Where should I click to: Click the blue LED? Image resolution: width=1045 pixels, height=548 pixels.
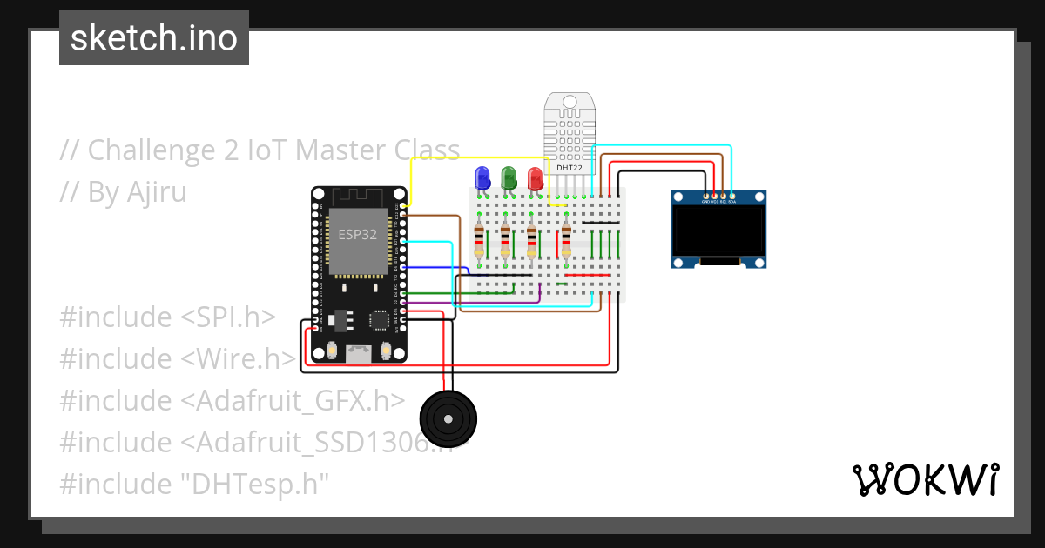pyautogui.click(x=482, y=178)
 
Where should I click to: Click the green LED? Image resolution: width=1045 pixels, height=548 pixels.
pyautogui.click(x=509, y=178)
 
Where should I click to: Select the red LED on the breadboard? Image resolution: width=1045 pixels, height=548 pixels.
pyautogui.click(x=535, y=178)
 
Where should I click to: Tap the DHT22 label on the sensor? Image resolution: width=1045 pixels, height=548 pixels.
pyautogui.click(x=570, y=167)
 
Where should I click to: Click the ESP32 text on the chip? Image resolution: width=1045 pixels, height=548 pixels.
pyautogui.click(x=358, y=234)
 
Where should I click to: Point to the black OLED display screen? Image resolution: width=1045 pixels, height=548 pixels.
pyautogui.click(x=718, y=231)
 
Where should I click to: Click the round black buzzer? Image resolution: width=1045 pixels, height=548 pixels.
pyautogui.click(x=448, y=419)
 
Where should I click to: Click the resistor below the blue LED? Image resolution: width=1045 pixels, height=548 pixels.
pyautogui.click(x=478, y=240)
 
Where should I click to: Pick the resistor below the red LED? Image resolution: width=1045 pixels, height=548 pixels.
pyautogui.click(x=532, y=240)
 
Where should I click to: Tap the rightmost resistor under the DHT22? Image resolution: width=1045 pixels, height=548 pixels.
pyautogui.click(x=567, y=240)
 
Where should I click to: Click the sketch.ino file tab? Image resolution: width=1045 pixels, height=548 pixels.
pyautogui.click(x=154, y=38)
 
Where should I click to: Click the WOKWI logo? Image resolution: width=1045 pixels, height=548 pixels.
pyautogui.click(x=924, y=479)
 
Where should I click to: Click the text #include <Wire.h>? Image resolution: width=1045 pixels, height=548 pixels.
pyautogui.click(x=178, y=358)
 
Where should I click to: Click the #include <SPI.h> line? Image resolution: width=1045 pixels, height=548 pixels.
pyautogui.click(x=167, y=317)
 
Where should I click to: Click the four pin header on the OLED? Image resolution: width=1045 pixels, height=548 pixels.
pyautogui.click(x=718, y=197)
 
